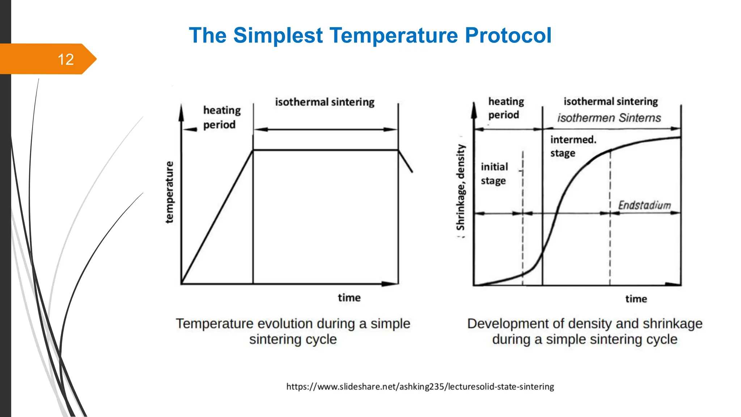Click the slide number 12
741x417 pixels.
65,59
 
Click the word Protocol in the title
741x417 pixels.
508,35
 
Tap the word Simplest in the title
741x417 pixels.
278,35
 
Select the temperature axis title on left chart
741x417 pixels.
169,192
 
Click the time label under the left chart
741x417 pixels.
349,298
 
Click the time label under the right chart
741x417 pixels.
636,299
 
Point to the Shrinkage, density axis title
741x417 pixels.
460,187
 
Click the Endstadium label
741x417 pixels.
644,205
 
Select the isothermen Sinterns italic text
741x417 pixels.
609,118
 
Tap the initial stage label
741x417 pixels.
494,173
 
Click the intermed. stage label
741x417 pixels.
573,146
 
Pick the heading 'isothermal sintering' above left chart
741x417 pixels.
325,102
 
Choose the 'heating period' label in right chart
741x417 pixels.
506,108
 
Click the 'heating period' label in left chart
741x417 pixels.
221,117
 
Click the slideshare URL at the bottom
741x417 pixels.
420,387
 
